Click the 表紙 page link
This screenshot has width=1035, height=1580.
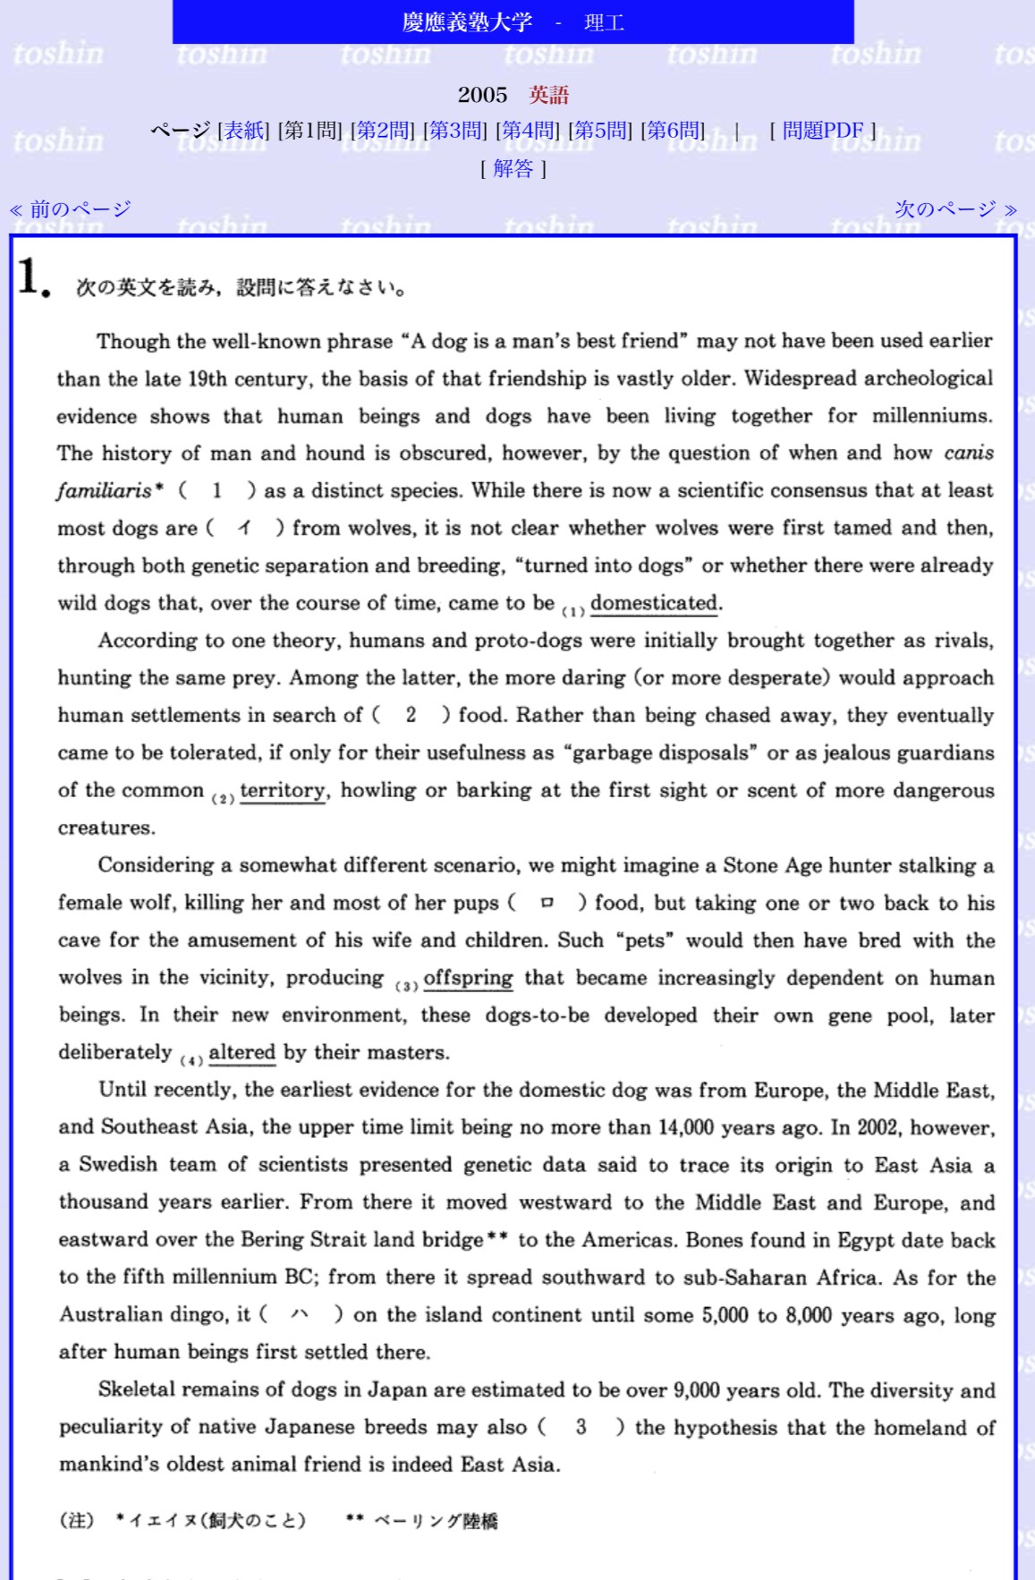243,131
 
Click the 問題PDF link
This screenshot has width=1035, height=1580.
822,131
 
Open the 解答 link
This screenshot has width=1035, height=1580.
513,168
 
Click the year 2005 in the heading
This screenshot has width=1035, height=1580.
482,95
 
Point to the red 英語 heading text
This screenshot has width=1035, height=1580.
548,95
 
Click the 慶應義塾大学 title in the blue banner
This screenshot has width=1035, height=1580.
467,22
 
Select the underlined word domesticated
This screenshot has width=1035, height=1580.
654,603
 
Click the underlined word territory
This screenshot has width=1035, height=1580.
283,790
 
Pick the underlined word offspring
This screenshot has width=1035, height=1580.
468,977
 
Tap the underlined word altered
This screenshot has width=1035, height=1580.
242,1052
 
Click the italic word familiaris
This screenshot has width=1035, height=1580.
104,490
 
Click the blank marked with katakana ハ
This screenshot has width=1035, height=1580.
300,1314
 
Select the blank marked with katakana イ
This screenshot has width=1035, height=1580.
244,528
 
